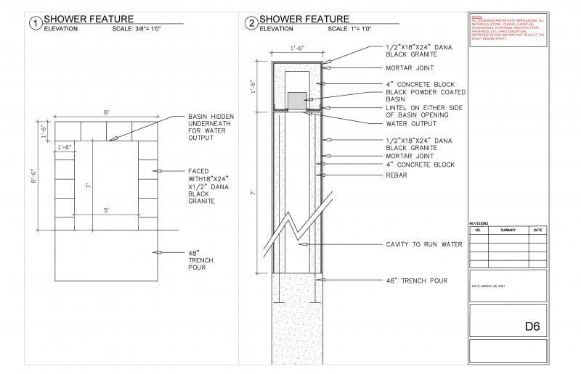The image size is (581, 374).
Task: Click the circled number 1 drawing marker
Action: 34,22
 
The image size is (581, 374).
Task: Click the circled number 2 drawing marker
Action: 251,22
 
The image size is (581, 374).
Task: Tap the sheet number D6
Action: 533,327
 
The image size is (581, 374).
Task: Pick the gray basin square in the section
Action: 296,100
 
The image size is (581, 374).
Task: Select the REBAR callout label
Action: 397,175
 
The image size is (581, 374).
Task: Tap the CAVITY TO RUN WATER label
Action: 423,244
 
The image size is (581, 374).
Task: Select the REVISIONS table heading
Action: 480,223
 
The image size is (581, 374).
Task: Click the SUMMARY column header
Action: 508,230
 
